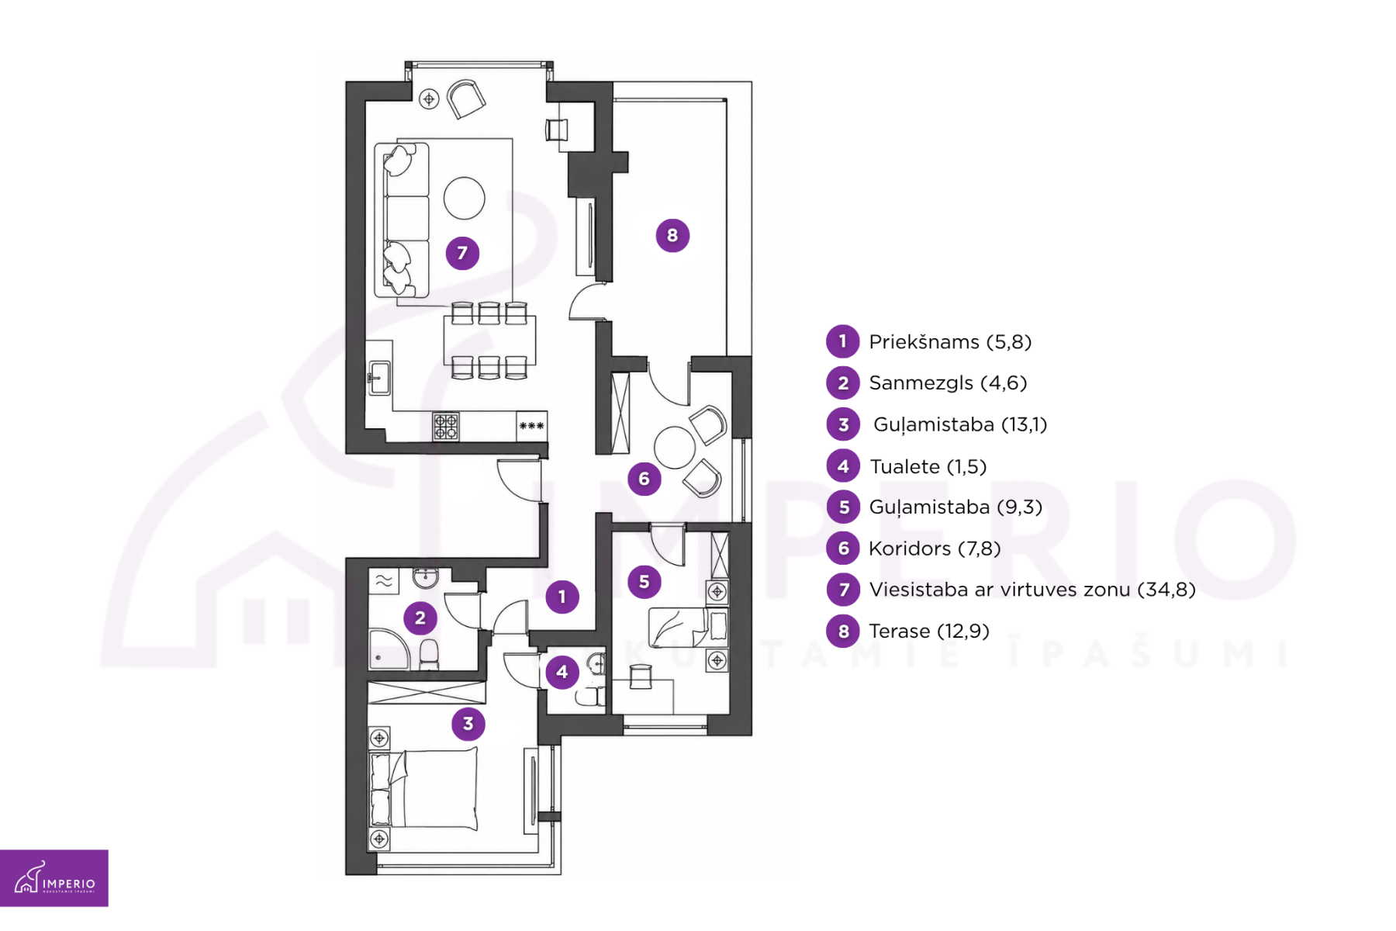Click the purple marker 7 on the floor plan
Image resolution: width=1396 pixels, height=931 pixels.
pos(462,253)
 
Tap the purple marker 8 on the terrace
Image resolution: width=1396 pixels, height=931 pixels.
pos(672,235)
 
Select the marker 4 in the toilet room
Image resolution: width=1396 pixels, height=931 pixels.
pos(562,672)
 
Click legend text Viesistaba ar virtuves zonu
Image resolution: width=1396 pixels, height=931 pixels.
pos(1000,590)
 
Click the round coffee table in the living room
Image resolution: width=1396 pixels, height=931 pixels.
pos(465,198)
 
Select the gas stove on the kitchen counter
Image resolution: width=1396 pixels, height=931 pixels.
pos(446,426)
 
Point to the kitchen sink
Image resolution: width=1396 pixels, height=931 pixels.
pos(379,378)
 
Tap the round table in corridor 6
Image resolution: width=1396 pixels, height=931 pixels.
pos(675,448)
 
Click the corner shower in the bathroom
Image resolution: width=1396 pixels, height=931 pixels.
pos(388,650)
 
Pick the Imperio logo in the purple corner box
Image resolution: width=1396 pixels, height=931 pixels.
pos(54,878)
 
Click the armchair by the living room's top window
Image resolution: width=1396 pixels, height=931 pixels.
pos(466,99)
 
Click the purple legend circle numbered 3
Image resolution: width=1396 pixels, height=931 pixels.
pos(843,424)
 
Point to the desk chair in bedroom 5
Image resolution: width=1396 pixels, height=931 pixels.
pos(641,677)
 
